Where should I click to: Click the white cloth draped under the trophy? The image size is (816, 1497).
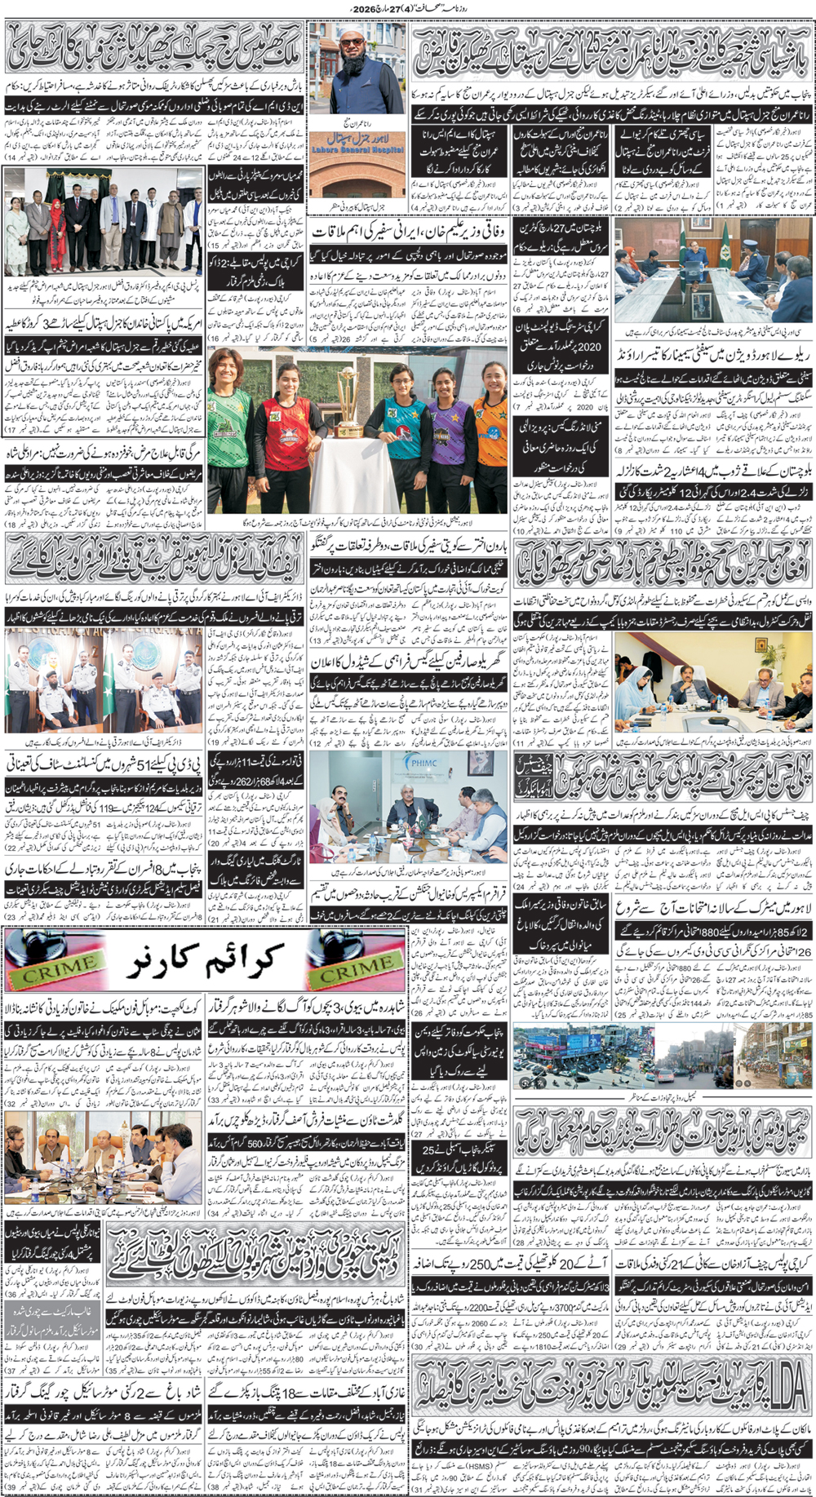pos(347,473)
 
